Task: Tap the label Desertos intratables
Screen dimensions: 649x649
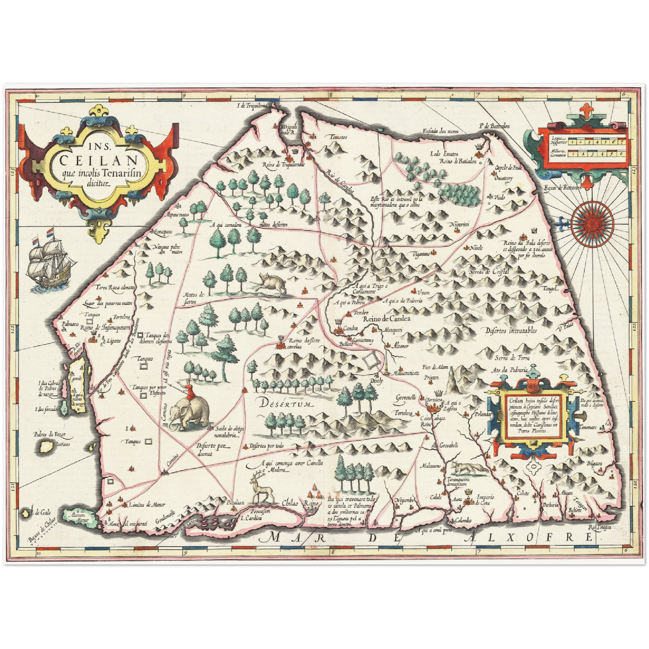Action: click(x=511, y=331)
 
